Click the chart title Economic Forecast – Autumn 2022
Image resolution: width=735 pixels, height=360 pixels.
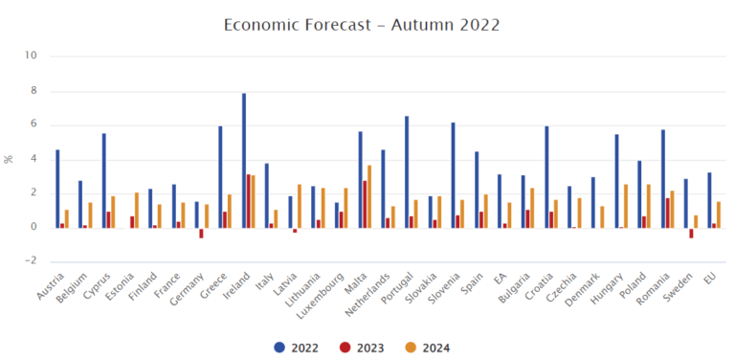coord(361,23)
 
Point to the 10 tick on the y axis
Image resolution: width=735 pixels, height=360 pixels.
coord(31,56)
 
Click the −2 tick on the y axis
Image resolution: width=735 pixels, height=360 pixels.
coord(31,260)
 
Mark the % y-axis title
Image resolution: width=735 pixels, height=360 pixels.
coord(10,158)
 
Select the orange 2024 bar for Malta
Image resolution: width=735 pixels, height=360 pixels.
coord(369,196)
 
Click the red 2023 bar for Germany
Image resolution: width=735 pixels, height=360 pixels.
coord(201,233)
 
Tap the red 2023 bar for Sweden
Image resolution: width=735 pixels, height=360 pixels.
coord(691,233)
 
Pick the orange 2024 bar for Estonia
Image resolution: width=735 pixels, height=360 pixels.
coord(137,210)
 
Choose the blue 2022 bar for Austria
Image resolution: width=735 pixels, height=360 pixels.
coord(57,189)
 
